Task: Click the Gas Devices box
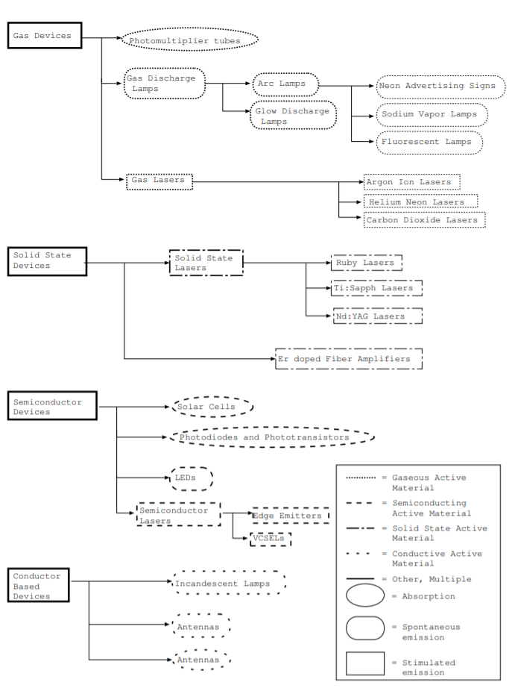tap(44, 36)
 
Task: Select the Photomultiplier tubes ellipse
tap(190, 40)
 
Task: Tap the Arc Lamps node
tap(285, 84)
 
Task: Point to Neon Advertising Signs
tap(436, 87)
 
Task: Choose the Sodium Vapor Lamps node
tap(432, 115)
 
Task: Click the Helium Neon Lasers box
tap(420, 201)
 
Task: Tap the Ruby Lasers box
tap(366, 263)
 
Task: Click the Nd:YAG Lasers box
tap(377, 316)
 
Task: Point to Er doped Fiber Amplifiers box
tap(348, 359)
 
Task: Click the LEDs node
tap(192, 478)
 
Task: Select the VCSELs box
tap(270, 539)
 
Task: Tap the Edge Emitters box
tap(290, 516)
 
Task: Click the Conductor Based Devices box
tap(46, 587)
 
